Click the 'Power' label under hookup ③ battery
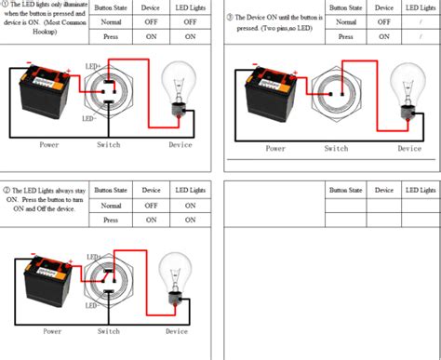point(275,148)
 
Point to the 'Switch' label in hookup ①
point(108,145)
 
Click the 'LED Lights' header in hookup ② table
point(191,189)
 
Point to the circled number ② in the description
point(6,190)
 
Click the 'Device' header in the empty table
point(383,189)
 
